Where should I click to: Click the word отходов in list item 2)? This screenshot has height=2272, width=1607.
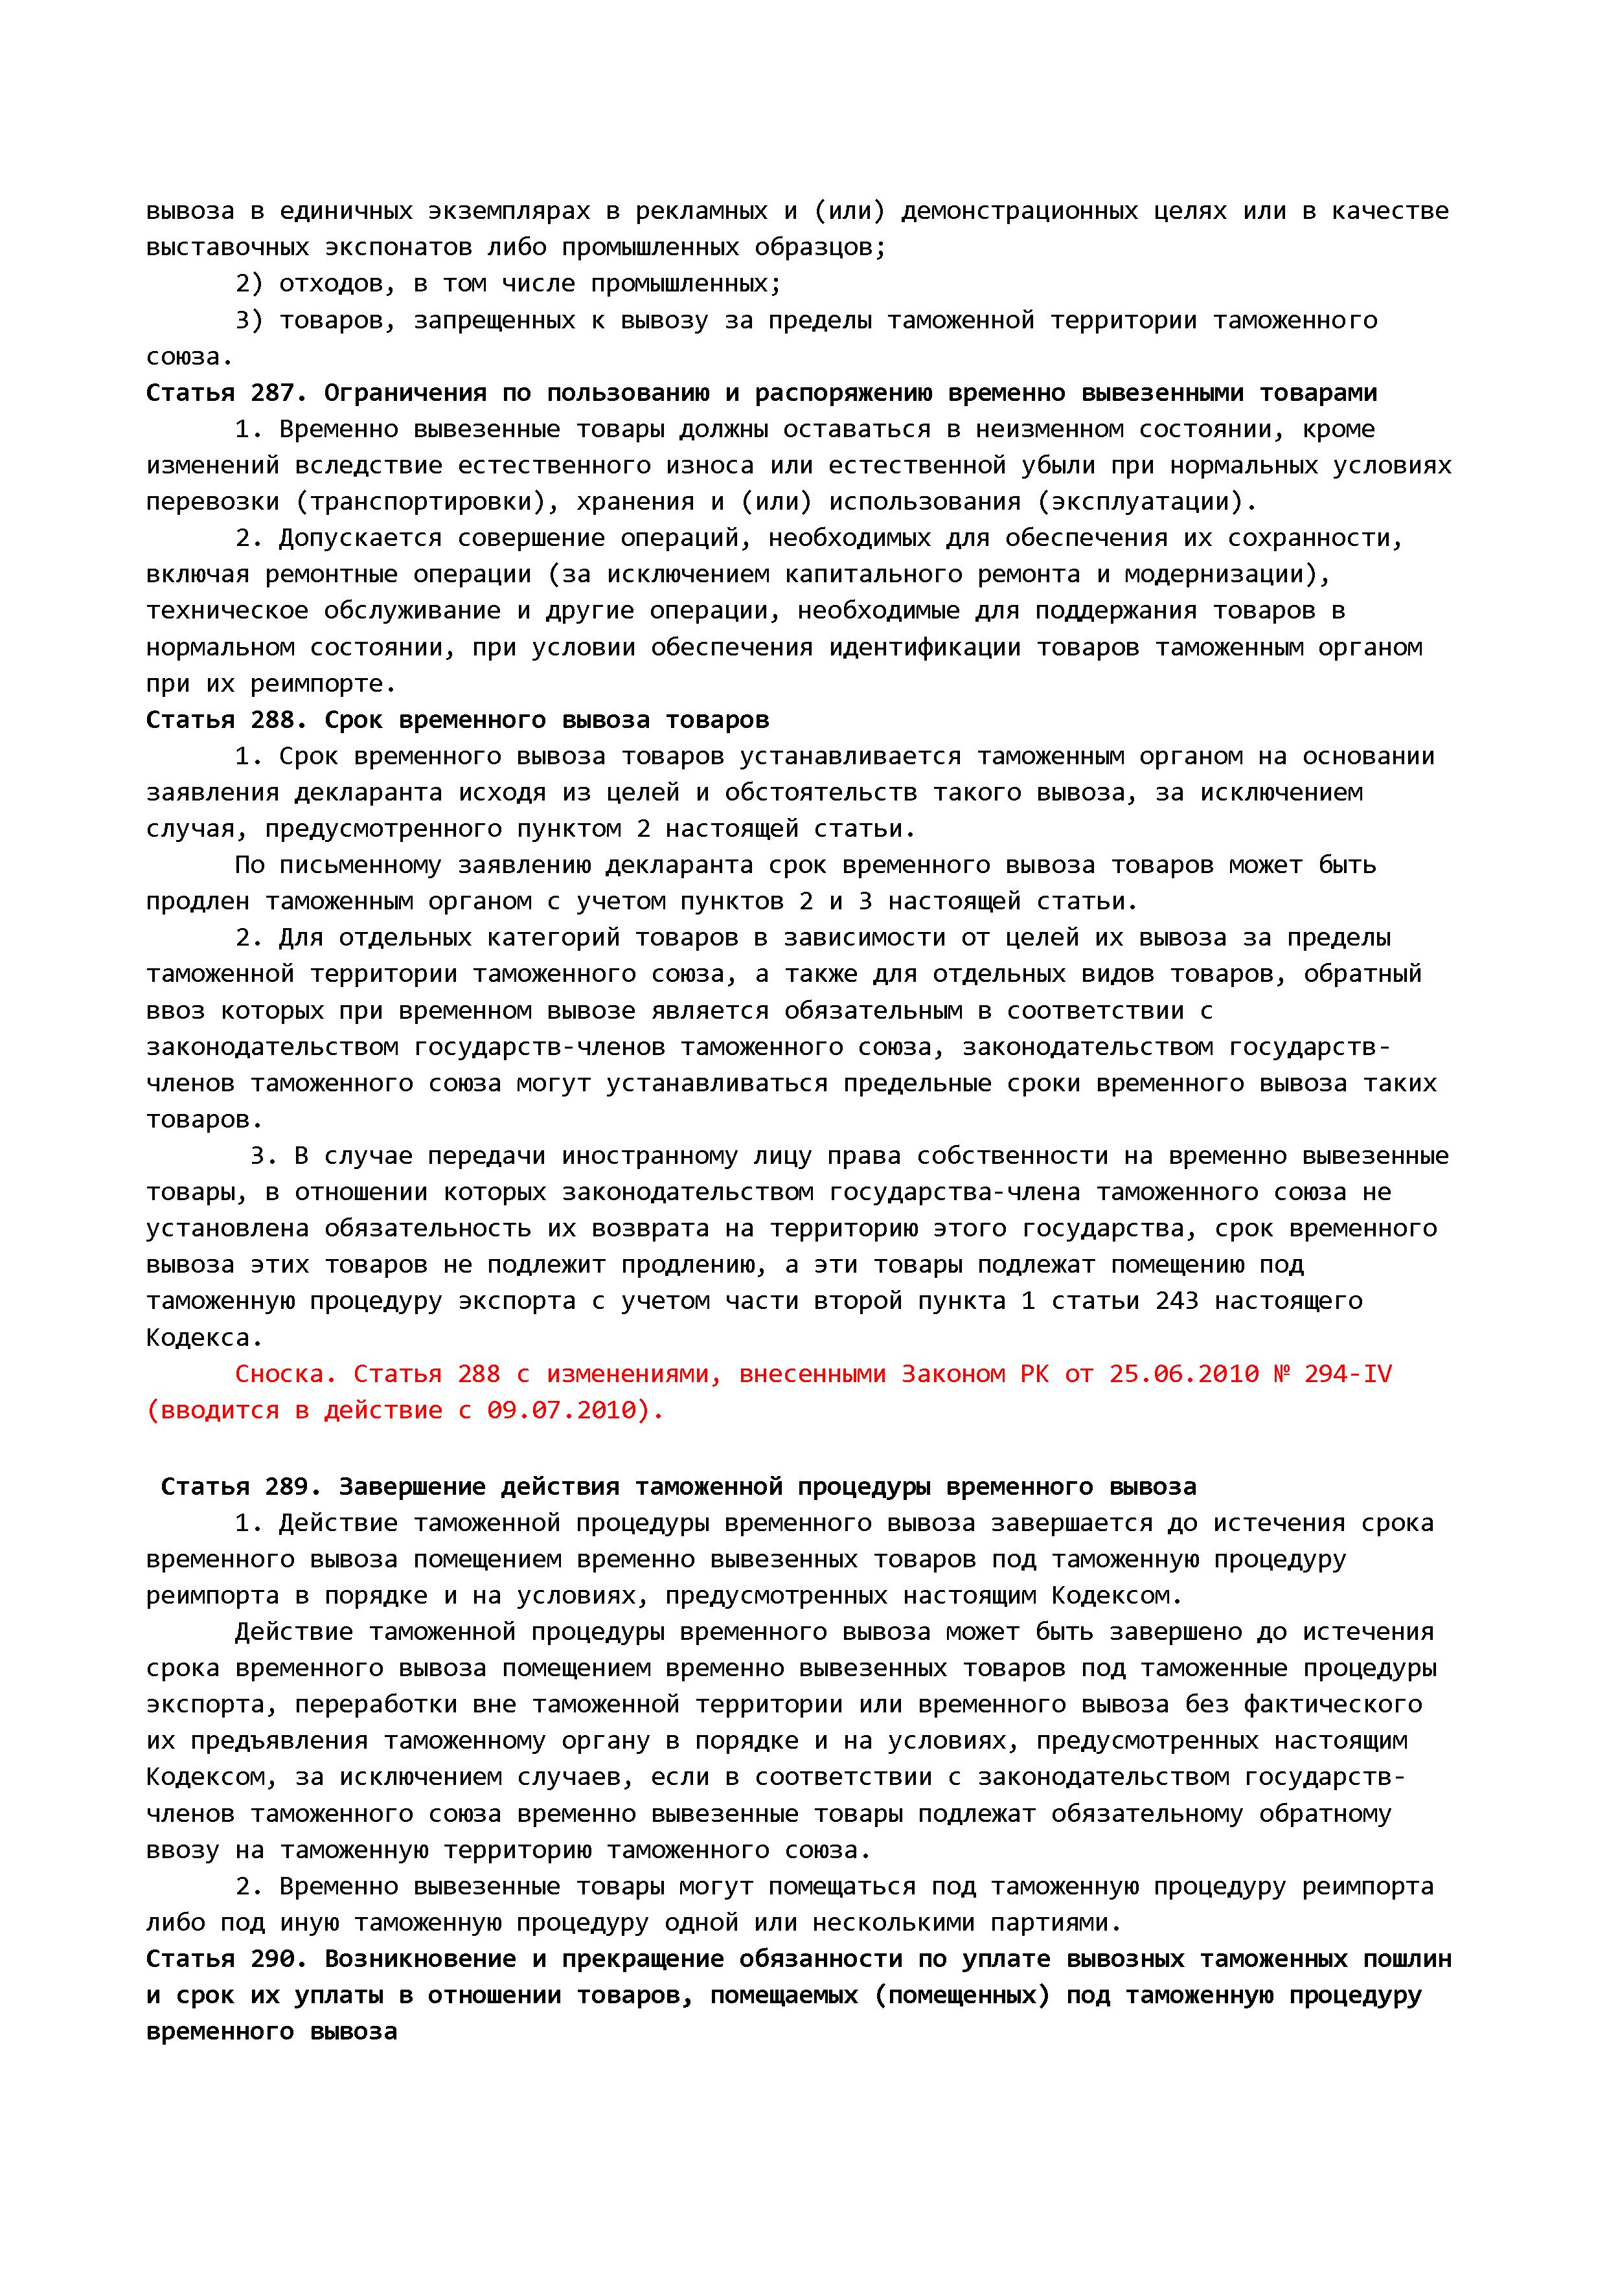(337, 284)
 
